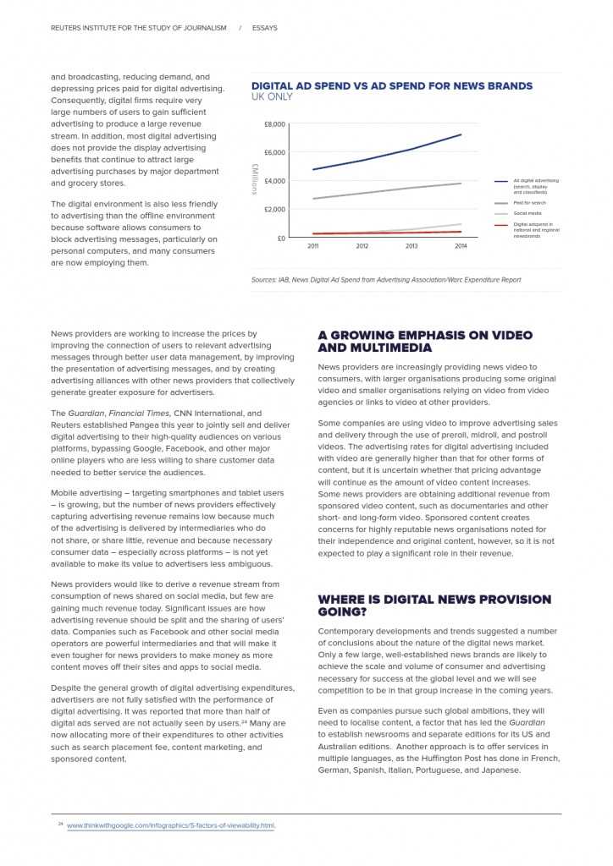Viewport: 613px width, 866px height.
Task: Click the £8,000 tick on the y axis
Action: point(274,124)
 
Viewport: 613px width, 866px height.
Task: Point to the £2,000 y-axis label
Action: point(274,209)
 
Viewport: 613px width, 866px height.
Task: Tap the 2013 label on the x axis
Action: point(411,246)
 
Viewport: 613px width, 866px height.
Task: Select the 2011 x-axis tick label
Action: point(313,246)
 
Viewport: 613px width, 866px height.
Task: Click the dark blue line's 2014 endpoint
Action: point(461,134)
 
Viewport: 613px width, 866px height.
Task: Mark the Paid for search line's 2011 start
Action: point(313,199)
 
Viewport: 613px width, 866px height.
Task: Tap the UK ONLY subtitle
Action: point(272,97)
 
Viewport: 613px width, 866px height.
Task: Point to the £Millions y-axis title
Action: point(254,180)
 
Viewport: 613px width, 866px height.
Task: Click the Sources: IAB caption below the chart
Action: point(385,280)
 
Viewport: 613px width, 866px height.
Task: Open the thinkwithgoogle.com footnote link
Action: point(171,825)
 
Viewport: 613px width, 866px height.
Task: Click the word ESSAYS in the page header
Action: point(264,28)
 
